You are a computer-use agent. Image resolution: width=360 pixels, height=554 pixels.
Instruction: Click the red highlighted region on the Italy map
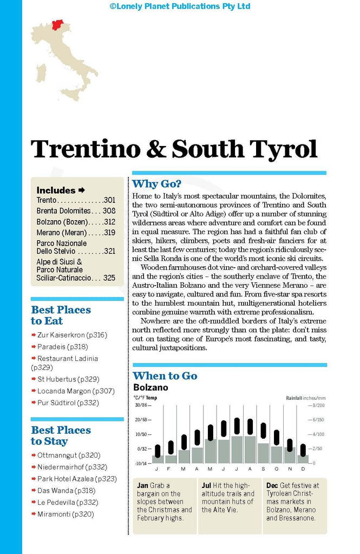click(57, 24)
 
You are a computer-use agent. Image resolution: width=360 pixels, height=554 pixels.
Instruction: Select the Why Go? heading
click(156, 183)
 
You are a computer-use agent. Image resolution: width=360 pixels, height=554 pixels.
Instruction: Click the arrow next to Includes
click(82, 190)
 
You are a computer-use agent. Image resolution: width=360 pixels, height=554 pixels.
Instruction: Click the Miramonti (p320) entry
click(66, 514)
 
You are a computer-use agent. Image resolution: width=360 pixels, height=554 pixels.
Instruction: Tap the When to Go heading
click(165, 376)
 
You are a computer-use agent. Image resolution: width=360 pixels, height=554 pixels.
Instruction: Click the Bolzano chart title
click(150, 388)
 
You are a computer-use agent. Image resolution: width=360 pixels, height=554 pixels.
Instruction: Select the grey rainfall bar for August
click(250, 450)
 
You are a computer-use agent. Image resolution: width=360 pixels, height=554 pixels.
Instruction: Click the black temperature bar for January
click(158, 451)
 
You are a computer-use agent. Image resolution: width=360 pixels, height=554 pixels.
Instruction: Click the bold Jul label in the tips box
click(206, 485)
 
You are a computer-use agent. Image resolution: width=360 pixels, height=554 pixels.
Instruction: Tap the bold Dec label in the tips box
click(272, 485)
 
